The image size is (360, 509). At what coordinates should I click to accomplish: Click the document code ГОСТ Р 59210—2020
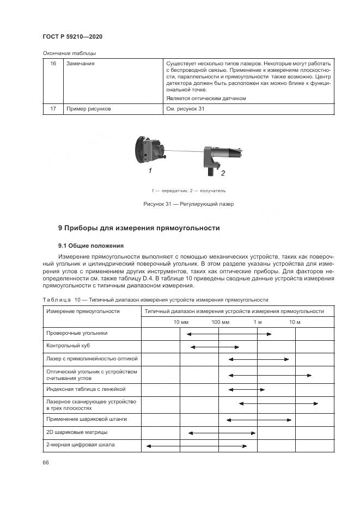72,36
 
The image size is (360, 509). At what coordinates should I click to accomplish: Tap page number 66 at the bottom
46,462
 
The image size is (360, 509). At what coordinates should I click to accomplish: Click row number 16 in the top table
53,64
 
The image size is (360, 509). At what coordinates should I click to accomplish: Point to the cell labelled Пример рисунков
88,109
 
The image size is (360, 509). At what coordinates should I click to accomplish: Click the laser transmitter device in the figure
150,150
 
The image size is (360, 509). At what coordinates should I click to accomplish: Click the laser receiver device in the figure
219,157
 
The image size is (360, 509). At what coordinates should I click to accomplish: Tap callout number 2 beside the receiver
222,174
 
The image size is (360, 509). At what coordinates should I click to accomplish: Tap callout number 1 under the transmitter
150,171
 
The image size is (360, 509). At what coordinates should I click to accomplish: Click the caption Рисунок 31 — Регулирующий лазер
188,204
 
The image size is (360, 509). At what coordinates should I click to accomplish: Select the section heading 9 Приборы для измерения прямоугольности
139,228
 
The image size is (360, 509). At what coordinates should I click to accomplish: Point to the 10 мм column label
181,322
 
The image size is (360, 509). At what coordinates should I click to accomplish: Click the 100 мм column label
220,322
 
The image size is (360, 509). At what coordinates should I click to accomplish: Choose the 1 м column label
258,322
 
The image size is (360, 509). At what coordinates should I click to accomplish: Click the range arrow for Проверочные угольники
228,334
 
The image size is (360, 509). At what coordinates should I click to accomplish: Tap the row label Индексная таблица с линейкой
86,389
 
